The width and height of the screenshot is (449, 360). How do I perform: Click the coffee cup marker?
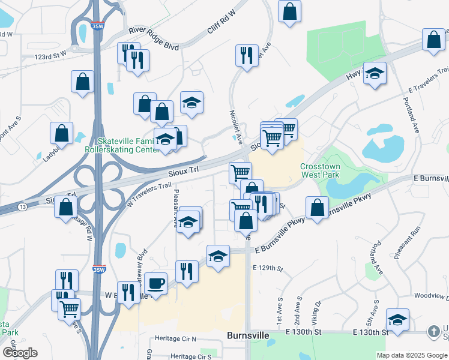click(x=155, y=282)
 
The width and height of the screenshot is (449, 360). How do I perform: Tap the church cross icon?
click(x=434, y=331)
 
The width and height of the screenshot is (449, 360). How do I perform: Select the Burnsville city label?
click(x=249, y=335)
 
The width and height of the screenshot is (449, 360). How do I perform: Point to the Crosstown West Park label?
click(x=321, y=170)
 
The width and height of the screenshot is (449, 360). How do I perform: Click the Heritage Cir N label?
click(x=176, y=339)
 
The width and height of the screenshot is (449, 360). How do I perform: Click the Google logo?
click(x=19, y=353)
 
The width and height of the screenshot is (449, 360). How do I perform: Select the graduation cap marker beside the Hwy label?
click(x=375, y=73)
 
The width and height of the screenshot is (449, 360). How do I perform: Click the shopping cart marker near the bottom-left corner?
click(x=70, y=308)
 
